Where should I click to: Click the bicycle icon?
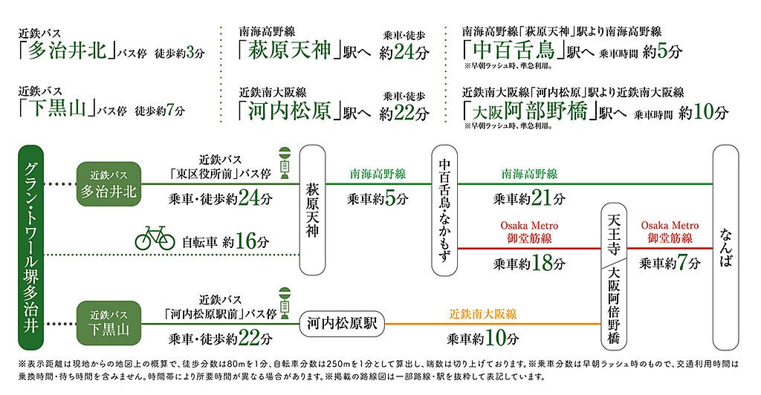(155, 238)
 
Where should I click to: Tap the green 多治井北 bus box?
(109, 183)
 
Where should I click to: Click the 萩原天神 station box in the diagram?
(313, 210)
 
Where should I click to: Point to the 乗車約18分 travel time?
(529, 264)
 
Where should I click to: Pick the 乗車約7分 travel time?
(670, 264)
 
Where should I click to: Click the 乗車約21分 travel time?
(529, 198)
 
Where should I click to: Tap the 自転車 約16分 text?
(224, 241)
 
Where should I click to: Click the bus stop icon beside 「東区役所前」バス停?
(284, 163)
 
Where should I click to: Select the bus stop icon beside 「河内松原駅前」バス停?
(284, 302)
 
